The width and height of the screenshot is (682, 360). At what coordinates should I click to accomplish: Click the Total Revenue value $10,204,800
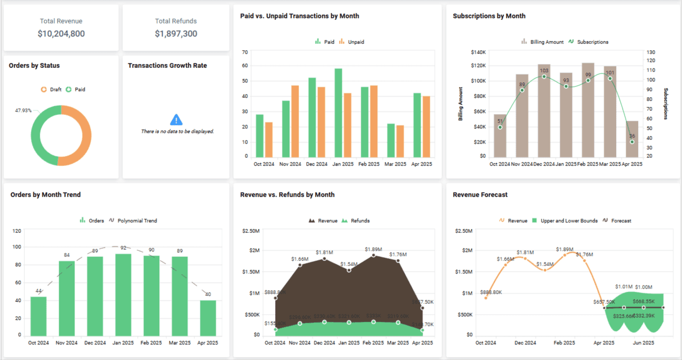click(61, 34)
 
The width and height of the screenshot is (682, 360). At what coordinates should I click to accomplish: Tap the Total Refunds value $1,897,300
click(176, 34)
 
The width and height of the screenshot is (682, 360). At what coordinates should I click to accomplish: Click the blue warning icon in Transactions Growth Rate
click(176, 120)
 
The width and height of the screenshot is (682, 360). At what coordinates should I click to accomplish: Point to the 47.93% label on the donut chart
click(23, 110)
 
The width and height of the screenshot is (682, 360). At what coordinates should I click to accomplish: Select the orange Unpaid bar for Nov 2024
click(295, 122)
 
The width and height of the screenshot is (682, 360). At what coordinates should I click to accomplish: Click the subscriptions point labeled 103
click(544, 77)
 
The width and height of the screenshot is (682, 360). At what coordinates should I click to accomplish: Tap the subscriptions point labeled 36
click(632, 141)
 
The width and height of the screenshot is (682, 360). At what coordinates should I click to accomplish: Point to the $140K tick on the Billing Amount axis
click(478, 52)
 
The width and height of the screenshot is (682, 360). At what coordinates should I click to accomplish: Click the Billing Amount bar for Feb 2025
click(588, 110)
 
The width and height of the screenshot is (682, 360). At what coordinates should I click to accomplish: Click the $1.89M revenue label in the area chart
click(373, 249)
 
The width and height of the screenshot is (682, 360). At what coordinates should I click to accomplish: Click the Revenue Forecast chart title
click(480, 195)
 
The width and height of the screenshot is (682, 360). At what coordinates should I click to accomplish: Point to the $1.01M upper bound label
click(623, 287)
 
